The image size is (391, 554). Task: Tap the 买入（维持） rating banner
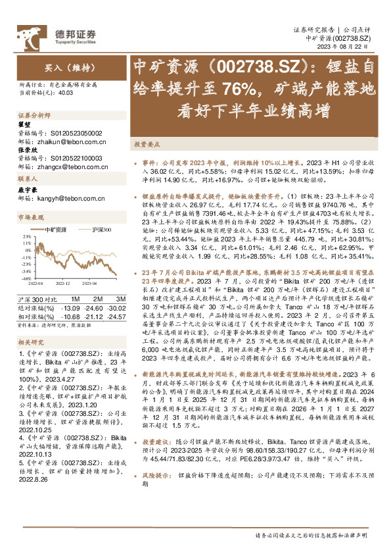click(64, 67)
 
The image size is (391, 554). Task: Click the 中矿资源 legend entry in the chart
click(57, 229)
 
